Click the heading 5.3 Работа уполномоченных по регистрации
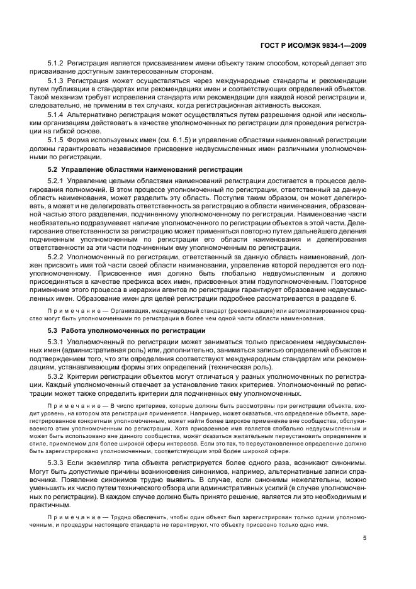coord(126,331)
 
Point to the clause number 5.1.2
coord(56,64)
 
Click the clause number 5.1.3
coord(56,81)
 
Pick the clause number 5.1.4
coord(56,115)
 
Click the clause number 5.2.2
coord(56,257)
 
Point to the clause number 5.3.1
coord(56,341)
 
